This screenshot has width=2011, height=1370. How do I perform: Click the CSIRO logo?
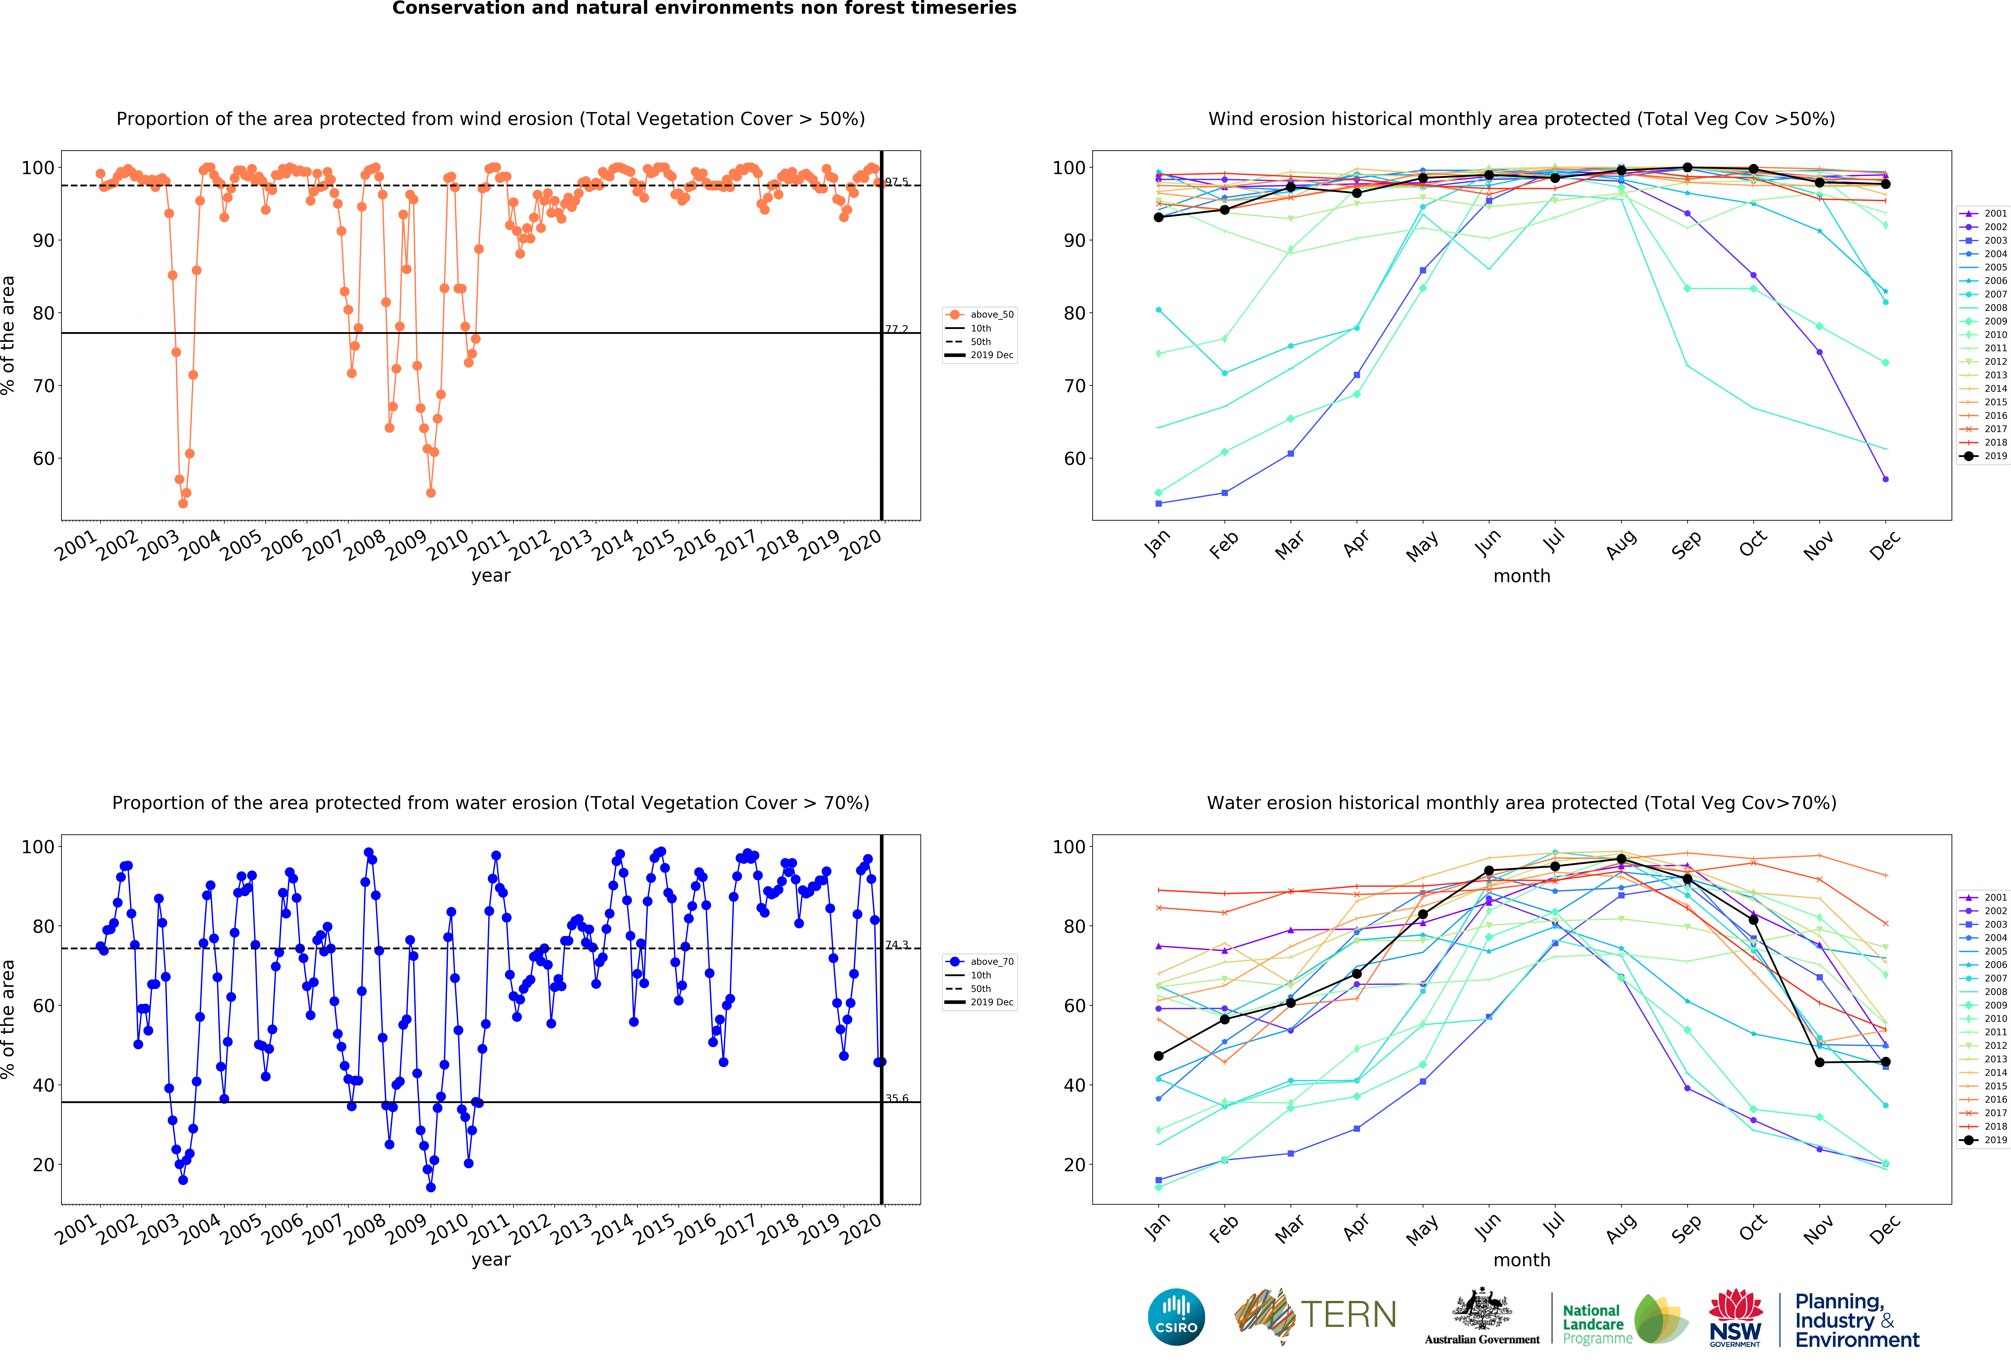click(x=1176, y=1317)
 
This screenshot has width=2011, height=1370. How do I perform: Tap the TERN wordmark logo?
click(x=1348, y=1315)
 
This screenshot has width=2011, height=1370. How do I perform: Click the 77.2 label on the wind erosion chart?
click(x=896, y=330)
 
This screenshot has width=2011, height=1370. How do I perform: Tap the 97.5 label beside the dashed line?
click(x=896, y=182)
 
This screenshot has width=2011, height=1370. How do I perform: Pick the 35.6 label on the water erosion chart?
click(x=896, y=1098)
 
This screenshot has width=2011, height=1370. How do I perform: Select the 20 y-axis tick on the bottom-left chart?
click(x=43, y=1165)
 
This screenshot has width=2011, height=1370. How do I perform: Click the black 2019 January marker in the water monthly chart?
click(x=1159, y=1056)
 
